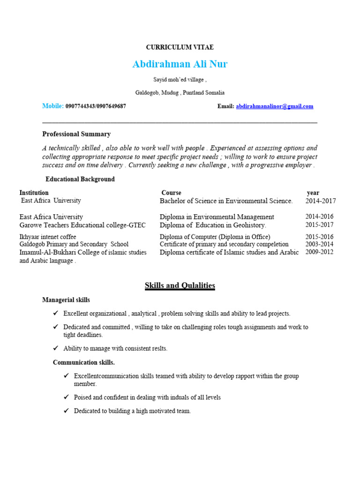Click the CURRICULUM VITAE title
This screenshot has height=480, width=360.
[x=180, y=47]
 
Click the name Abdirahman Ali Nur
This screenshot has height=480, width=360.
[x=180, y=64]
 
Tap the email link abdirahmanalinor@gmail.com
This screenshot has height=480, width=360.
[x=274, y=106]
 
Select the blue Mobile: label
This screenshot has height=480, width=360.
[x=53, y=106]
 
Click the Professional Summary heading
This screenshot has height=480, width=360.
[x=76, y=134]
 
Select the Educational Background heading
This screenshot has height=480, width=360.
[x=80, y=179]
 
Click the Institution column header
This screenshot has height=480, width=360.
[x=34, y=193]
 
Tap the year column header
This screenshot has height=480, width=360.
[x=313, y=193]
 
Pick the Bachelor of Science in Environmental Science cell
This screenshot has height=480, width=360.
[x=226, y=201]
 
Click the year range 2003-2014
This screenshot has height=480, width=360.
[x=320, y=244]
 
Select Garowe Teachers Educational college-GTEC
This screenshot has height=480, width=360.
[x=82, y=225]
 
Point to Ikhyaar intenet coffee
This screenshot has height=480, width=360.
[x=48, y=237]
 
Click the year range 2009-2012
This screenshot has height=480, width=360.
[x=320, y=252]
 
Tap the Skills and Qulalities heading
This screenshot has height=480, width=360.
[x=180, y=285]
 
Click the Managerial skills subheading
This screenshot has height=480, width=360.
[x=66, y=300]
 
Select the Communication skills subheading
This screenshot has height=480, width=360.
[x=83, y=362]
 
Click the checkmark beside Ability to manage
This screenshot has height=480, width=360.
[x=56, y=348]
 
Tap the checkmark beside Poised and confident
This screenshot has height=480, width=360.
[x=66, y=397]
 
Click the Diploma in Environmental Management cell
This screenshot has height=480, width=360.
[x=217, y=217]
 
